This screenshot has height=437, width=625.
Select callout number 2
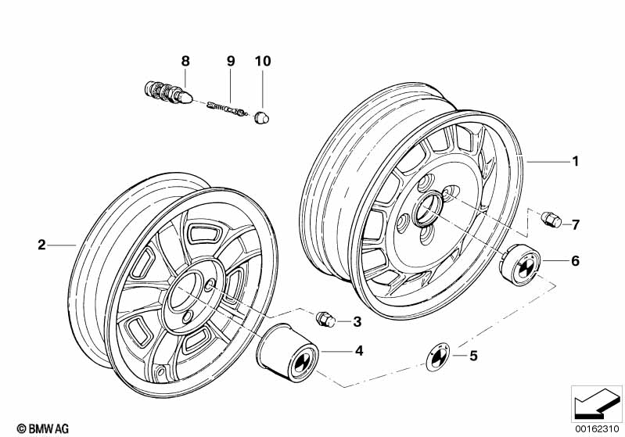pyautogui.click(x=41, y=245)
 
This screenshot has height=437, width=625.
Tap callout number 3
pyautogui.click(x=357, y=321)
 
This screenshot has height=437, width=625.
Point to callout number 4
pyautogui.click(x=359, y=352)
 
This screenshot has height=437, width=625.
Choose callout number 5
pyautogui.click(x=472, y=356)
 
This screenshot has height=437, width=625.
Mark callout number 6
pyautogui.click(x=575, y=261)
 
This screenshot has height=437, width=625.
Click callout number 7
pyautogui.click(x=575, y=225)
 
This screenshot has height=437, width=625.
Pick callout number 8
pyautogui.click(x=185, y=60)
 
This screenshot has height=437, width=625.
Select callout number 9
pyautogui.click(x=231, y=60)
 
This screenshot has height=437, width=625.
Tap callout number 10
pyautogui.click(x=260, y=60)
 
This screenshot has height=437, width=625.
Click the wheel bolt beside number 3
pyautogui.click(x=325, y=319)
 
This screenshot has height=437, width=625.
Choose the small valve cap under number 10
pyautogui.click(x=263, y=116)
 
